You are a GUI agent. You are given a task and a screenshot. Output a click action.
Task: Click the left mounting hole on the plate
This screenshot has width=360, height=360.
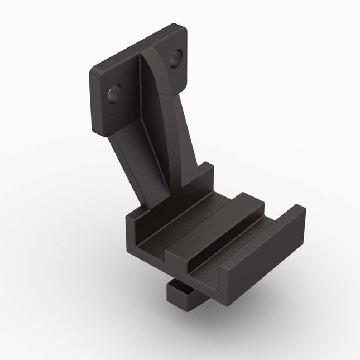pos(116,93)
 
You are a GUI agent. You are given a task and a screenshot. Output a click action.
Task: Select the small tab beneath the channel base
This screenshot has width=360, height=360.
pos(181,296)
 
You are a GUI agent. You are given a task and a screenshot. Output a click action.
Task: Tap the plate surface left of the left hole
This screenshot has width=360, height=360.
pos(103,98)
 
